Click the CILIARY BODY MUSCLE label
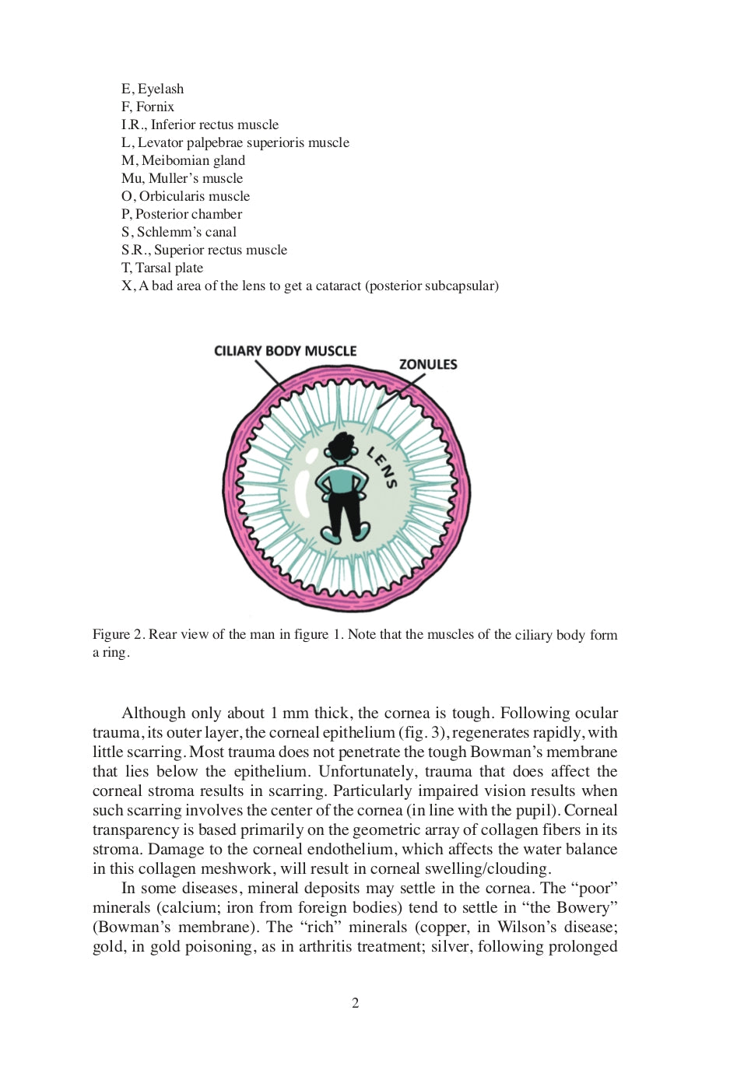[x=285, y=351]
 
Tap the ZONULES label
[x=428, y=364]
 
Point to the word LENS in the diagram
[x=382, y=468]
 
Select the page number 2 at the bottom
[x=356, y=1003]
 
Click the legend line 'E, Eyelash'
[x=153, y=89]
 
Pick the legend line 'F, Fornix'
[x=148, y=107]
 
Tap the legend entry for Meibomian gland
[x=183, y=160]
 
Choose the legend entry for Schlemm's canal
[x=179, y=232]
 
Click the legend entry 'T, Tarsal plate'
[x=162, y=268]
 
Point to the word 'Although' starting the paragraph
[x=153, y=713]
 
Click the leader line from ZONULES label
[x=402, y=391]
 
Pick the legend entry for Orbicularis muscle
[x=185, y=196]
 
